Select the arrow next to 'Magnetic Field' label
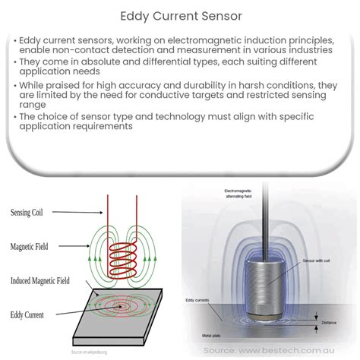point(76,247)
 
